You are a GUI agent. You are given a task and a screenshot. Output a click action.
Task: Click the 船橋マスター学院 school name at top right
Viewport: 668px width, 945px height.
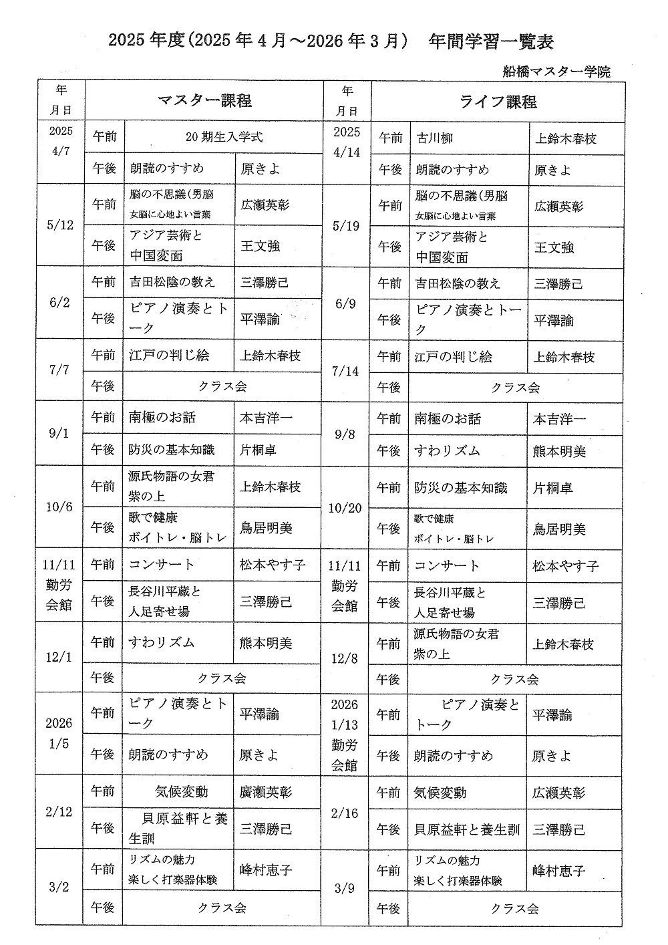[x=558, y=72]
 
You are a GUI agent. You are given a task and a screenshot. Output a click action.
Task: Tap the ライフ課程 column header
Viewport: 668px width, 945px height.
[x=498, y=102]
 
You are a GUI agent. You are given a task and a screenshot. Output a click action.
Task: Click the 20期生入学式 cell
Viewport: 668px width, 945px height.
[x=224, y=137]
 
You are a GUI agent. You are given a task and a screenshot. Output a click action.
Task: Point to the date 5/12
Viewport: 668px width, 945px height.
[x=60, y=225]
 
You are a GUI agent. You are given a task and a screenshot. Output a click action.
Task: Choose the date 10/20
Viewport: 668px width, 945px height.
[x=345, y=509]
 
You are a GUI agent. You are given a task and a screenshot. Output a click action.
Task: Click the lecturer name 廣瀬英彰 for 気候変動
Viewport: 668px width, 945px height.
[x=265, y=793]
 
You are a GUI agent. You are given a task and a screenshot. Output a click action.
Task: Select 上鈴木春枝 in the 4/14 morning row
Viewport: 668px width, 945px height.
[x=566, y=138]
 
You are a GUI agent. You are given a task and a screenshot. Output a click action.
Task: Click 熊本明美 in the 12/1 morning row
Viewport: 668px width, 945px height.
[x=265, y=644]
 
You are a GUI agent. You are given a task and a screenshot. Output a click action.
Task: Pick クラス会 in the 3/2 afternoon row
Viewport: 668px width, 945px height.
[x=222, y=908]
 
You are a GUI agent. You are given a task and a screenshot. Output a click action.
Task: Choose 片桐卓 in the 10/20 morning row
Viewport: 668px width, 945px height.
[x=552, y=489]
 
